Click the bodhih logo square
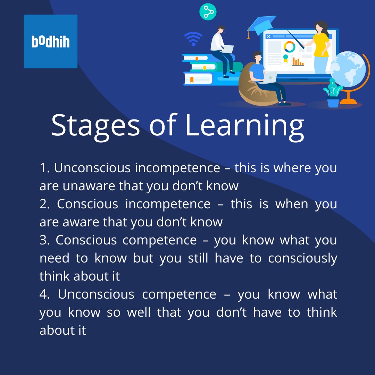[50, 41]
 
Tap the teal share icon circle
[208, 12]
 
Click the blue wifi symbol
[193, 39]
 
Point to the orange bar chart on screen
[298, 61]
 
